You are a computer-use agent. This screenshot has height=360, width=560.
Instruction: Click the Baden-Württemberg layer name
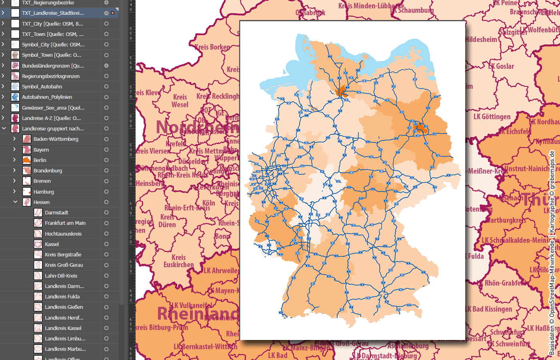pyautogui.click(x=56, y=139)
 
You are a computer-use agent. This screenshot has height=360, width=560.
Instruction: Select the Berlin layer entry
pyautogui.click(x=40, y=160)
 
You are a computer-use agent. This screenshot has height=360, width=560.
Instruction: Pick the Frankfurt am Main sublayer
pyautogui.click(x=65, y=223)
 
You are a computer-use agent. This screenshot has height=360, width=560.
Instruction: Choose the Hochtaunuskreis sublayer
pyautogui.click(x=63, y=234)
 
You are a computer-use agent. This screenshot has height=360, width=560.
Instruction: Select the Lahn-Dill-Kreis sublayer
pyautogui.click(x=61, y=276)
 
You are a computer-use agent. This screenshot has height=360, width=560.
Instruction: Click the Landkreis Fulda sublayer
pyautogui.click(x=62, y=296)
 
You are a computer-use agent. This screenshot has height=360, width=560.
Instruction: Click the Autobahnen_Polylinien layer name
pyautogui.click(x=47, y=97)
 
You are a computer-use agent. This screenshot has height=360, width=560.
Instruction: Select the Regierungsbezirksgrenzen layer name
pyautogui.click(x=50, y=76)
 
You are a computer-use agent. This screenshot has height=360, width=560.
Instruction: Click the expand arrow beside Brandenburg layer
pyautogui.click(x=14, y=170)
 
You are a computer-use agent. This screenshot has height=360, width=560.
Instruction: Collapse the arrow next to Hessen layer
pyautogui.click(x=15, y=202)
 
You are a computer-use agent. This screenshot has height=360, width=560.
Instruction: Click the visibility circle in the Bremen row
pyautogui.click(x=106, y=181)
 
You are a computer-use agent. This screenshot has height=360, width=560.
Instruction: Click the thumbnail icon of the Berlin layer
pyautogui.click(x=27, y=160)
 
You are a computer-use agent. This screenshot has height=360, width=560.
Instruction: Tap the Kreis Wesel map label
pyautogui.click(x=180, y=101)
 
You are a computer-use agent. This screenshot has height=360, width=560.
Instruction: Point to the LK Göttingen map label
pyautogui.click(x=492, y=117)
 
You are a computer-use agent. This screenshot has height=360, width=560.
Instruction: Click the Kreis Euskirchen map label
pyautogui.click(x=179, y=261)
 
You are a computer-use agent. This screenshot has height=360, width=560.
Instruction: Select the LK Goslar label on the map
pyautogui.click(x=501, y=66)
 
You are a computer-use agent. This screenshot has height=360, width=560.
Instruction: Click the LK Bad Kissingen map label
pyautogui.click(x=489, y=309)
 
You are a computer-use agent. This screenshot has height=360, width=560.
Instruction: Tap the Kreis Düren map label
pyautogui.click(x=167, y=221)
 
